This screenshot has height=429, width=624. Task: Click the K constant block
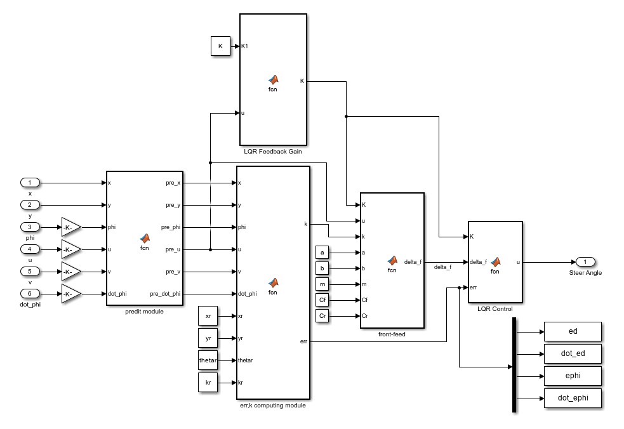click(220, 46)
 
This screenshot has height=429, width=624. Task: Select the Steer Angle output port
click(585, 261)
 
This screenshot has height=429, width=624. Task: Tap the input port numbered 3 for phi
click(30, 227)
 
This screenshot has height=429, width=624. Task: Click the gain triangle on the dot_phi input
click(70, 293)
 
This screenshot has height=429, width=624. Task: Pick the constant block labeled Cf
click(322, 300)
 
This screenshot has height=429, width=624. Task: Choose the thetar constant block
click(208, 360)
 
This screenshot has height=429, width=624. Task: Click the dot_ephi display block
click(572, 398)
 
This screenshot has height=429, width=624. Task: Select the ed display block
click(572, 331)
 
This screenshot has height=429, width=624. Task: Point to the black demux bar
click(514, 365)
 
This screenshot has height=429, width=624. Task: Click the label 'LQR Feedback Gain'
click(273, 152)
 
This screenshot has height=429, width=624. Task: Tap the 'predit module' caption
click(145, 311)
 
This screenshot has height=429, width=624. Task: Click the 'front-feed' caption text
click(391, 334)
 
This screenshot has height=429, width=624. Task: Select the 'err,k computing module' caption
click(273, 405)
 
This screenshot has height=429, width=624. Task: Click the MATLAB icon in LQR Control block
click(495, 261)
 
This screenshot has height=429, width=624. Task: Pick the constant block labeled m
click(322, 284)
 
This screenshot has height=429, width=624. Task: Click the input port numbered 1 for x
click(30, 182)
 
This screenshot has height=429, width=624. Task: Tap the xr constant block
click(208, 315)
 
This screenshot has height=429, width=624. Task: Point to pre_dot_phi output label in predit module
click(165, 294)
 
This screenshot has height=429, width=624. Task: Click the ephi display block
click(572, 376)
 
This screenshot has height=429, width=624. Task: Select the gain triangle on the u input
click(70, 249)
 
